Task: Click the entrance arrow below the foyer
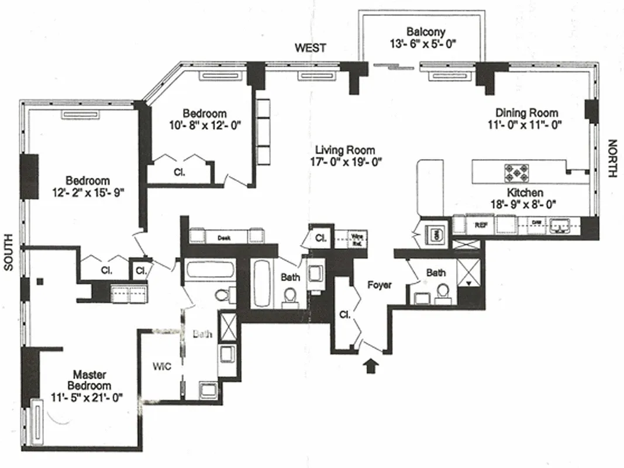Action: (x=371, y=366)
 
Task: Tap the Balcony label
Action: (x=426, y=32)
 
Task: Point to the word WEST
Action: (x=311, y=48)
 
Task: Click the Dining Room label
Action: (x=526, y=112)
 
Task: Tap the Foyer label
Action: (x=379, y=285)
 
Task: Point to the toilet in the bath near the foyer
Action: (x=443, y=291)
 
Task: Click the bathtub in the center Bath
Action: (x=261, y=283)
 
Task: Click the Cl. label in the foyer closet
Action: (x=344, y=314)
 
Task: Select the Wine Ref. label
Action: (x=357, y=238)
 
